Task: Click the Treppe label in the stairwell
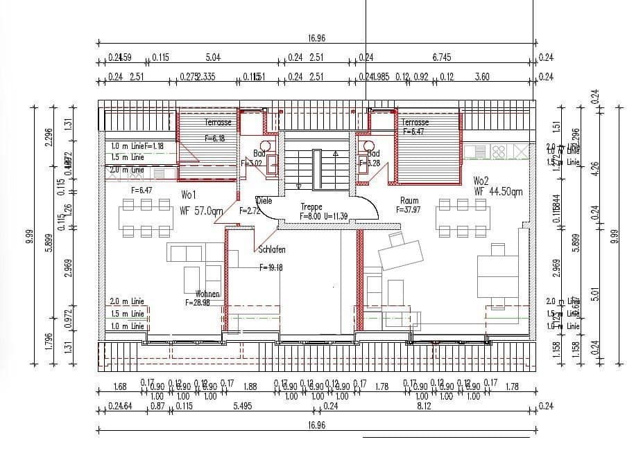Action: (312, 207)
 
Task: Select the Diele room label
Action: (264, 201)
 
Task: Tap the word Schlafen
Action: (272, 249)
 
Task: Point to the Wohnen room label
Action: (207, 294)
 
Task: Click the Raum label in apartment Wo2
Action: (409, 201)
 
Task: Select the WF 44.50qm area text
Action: (498, 191)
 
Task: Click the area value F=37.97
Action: (409, 210)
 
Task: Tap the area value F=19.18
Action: (271, 267)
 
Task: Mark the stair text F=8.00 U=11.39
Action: (324, 216)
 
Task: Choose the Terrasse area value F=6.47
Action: (413, 131)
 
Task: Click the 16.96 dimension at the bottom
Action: (316, 425)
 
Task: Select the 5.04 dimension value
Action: (214, 58)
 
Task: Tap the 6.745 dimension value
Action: (442, 58)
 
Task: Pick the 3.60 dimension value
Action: (481, 77)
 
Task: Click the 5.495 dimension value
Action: (241, 407)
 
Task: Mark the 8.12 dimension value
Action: (425, 407)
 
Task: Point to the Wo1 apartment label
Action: (189, 195)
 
